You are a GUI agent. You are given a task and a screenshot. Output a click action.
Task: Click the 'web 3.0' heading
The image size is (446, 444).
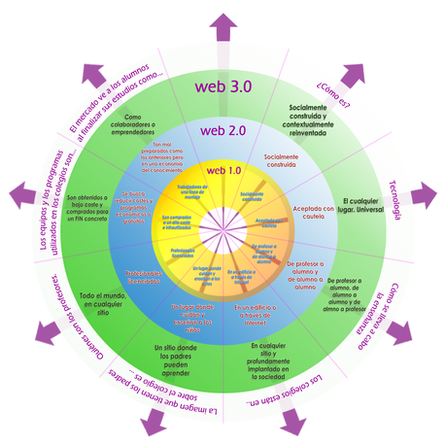[223, 86]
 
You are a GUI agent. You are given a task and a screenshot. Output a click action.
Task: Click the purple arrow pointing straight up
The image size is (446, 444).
[223, 22]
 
